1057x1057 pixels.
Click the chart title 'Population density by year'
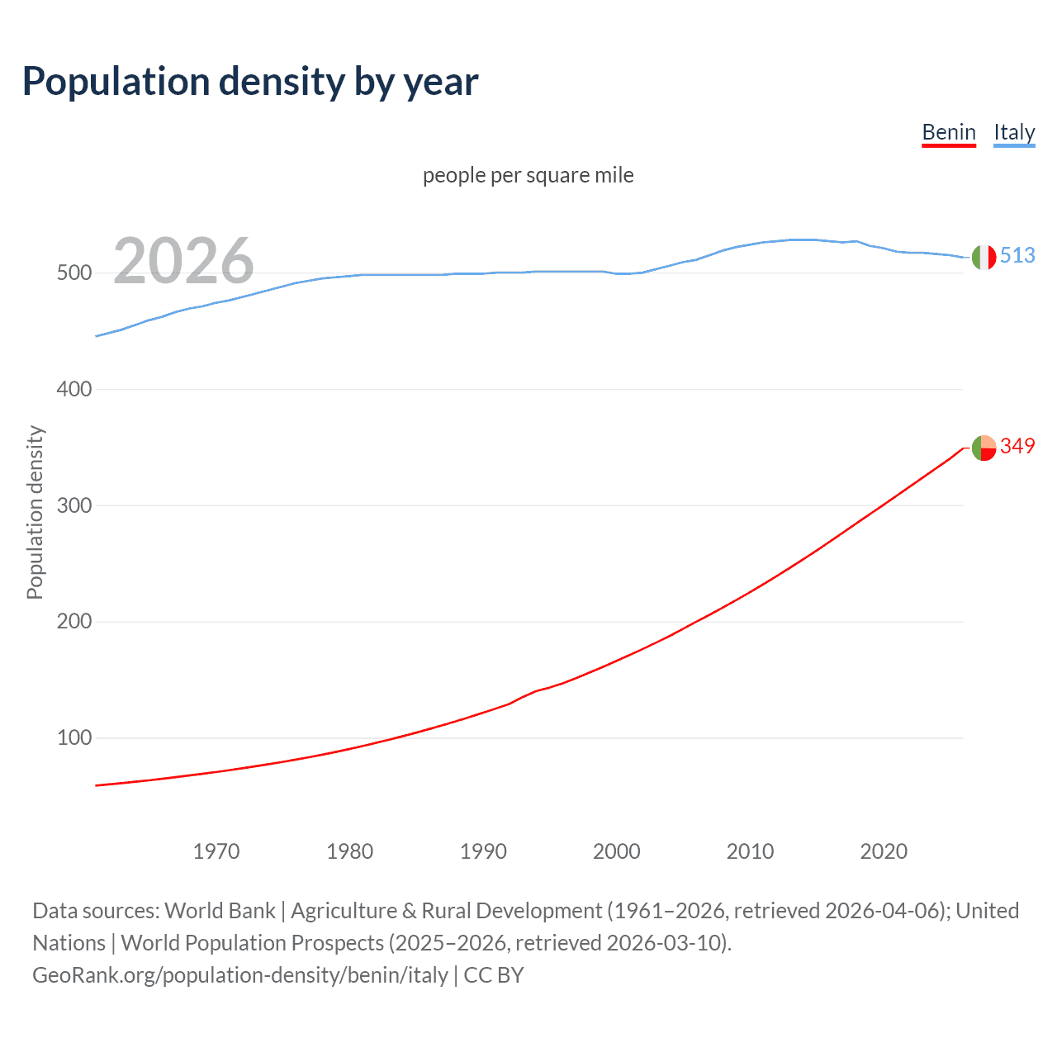click(250, 82)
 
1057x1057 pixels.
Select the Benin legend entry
click(949, 132)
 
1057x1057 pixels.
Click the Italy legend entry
click(1014, 132)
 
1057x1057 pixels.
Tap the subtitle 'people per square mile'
click(528, 175)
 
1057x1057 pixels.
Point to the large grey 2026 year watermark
click(183, 261)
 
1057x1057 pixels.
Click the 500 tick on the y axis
click(73, 273)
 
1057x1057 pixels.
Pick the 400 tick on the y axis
click(73, 389)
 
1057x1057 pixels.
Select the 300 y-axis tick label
click(73, 505)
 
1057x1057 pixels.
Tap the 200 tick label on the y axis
click(73, 622)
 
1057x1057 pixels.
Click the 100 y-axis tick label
click(73, 737)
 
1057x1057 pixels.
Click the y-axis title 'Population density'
click(35, 512)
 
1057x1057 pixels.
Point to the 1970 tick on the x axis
click(216, 851)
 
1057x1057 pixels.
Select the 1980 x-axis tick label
click(350, 851)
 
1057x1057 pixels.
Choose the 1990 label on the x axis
click(483, 851)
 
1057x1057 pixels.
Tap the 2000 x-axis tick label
click(617, 851)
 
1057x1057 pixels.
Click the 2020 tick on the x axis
click(884, 851)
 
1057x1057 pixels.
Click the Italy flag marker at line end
click(984, 257)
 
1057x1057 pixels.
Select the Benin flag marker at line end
click(984, 448)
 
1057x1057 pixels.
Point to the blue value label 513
click(1017, 256)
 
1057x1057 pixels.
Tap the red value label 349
click(1017, 447)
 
